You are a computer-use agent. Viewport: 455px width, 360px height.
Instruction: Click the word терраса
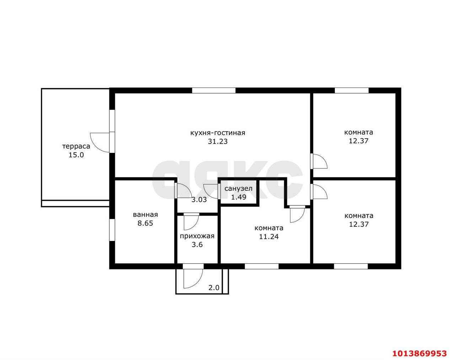76,146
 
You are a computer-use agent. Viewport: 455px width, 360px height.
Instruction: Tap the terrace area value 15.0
76,155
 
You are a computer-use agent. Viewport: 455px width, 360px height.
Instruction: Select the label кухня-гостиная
218,133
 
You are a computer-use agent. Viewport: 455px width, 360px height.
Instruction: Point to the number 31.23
218,141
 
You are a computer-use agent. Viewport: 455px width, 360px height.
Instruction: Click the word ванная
145,215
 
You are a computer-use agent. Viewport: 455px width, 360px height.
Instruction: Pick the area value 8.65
145,223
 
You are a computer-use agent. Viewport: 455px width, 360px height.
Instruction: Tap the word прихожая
197,236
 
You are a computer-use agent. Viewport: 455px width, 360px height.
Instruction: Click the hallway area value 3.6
197,245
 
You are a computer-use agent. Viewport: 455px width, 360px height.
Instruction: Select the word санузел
239,188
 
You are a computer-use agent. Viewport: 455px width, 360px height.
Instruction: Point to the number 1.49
239,197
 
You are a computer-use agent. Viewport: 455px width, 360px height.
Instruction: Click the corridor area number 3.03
199,200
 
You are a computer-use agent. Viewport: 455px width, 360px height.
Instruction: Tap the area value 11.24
269,237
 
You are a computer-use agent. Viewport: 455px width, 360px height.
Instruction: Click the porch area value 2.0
214,288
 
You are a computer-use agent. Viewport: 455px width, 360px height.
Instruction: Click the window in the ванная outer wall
112,230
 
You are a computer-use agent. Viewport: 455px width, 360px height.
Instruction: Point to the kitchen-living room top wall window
214,91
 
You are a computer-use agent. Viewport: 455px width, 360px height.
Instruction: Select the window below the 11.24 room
262,266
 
